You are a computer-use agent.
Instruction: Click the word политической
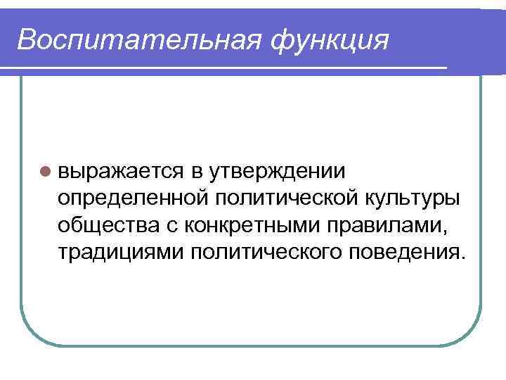(x=287, y=198)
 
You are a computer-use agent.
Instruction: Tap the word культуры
(x=415, y=198)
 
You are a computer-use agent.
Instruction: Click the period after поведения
(x=462, y=258)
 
